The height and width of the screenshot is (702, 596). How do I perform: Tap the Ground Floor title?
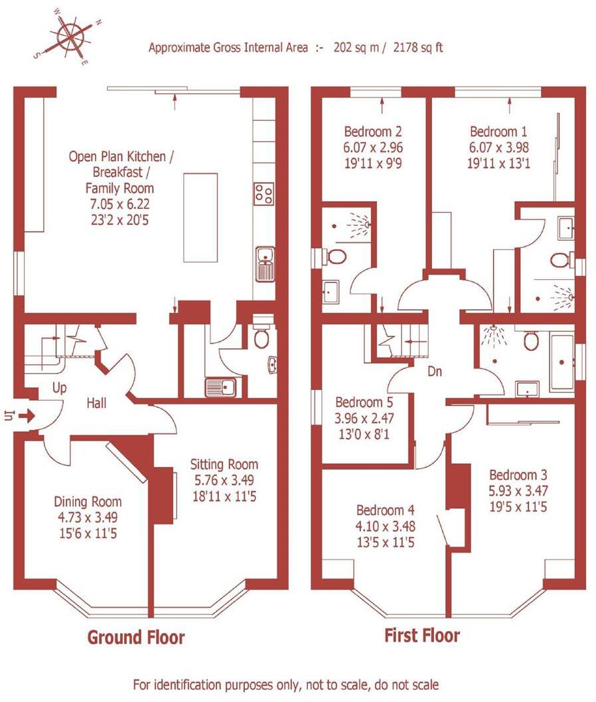tap(136, 638)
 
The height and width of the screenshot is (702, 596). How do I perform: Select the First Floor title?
tap(422, 635)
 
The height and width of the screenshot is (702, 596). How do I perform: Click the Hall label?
tap(97, 402)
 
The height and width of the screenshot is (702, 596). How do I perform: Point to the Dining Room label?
tap(88, 502)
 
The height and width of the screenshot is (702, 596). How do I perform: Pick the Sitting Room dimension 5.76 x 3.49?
tap(224, 478)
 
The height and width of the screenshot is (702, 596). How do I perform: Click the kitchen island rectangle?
tap(200, 218)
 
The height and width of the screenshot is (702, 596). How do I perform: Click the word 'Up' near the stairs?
tap(59, 388)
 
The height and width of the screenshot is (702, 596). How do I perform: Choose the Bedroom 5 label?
tap(364, 402)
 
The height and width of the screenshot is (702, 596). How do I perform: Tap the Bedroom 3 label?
tap(518, 475)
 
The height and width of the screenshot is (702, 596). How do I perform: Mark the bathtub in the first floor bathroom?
tap(563, 362)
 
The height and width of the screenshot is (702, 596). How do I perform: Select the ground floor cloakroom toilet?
tap(262, 336)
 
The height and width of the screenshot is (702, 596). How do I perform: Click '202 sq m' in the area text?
tap(351, 48)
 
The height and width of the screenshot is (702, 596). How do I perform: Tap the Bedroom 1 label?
tap(499, 131)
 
